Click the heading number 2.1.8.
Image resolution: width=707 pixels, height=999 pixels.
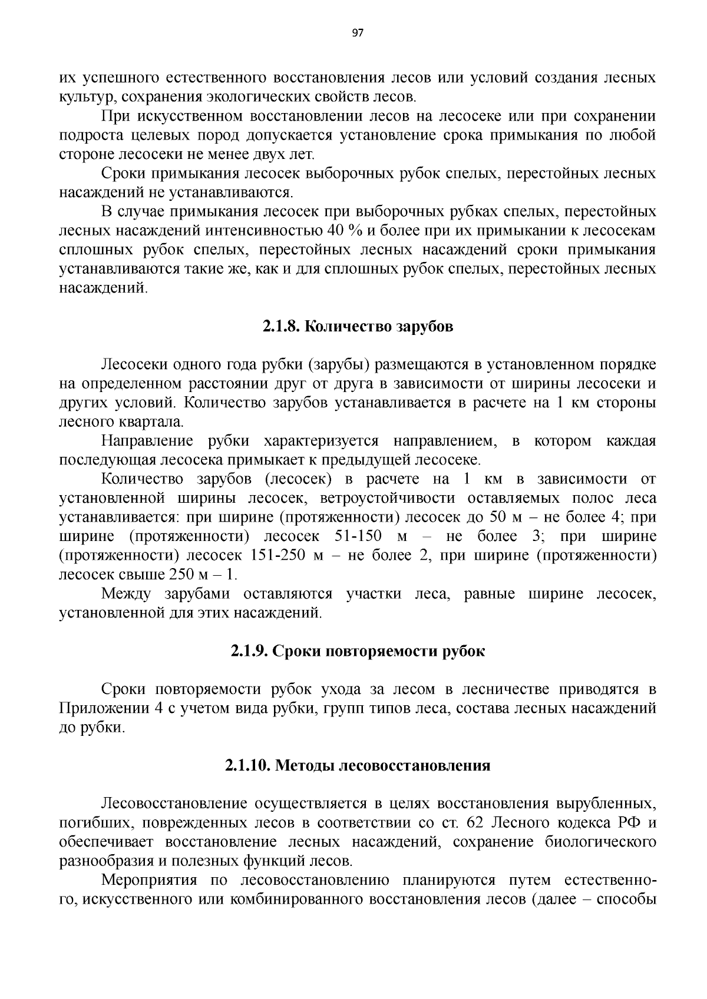pyautogui.click(x=281, y=327)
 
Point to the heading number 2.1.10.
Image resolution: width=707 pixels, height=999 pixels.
pyautogui.click(x=247, y=766)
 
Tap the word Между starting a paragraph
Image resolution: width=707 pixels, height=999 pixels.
pyautogui.click(x=126, y=595)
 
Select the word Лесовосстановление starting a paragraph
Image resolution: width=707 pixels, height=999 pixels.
pyautogui.click(x=174, y=804)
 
